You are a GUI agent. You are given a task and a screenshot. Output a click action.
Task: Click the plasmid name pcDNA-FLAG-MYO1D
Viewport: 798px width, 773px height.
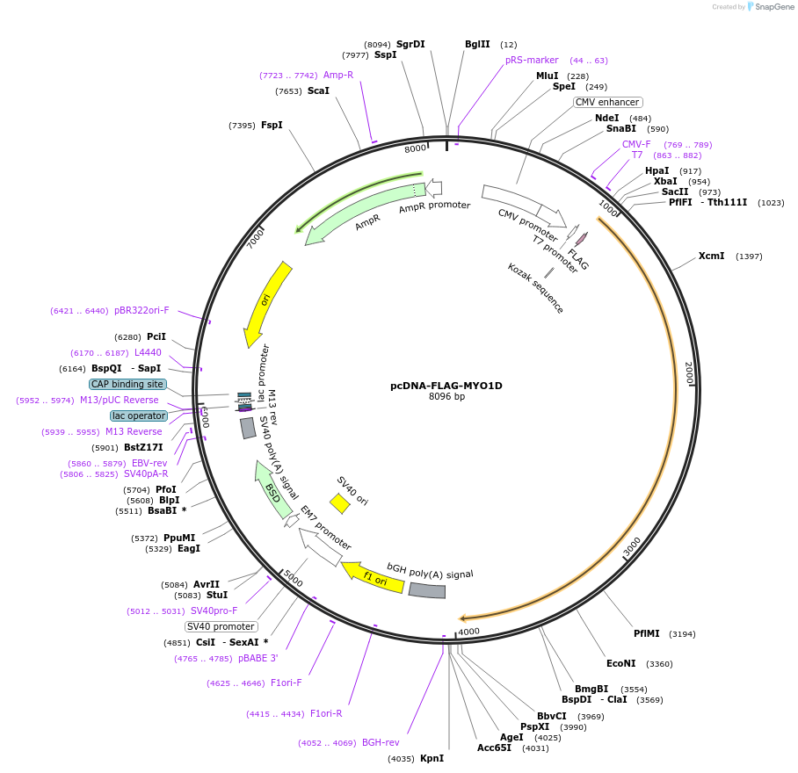446,386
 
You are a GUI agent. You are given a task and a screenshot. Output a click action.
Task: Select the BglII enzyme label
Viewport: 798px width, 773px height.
477,44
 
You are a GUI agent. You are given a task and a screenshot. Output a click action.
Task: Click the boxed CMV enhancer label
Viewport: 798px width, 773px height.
607,102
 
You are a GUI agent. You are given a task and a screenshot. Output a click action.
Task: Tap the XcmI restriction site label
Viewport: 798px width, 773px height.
711,256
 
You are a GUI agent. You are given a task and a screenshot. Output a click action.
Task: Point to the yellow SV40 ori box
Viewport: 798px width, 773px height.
339,503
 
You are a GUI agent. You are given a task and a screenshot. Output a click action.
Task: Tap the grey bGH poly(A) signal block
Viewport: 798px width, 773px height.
427,590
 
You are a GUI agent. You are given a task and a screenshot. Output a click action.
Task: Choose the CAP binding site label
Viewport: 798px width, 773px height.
127,384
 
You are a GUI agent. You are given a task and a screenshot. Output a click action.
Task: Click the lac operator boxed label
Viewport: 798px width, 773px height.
138,415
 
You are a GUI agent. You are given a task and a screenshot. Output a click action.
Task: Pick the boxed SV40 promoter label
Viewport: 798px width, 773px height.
221,626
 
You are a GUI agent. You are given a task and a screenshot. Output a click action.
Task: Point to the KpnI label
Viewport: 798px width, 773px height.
432,758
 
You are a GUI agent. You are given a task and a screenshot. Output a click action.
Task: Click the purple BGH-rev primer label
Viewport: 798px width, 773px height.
381,742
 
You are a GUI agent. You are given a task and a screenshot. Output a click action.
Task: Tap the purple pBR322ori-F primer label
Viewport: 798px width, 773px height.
141,310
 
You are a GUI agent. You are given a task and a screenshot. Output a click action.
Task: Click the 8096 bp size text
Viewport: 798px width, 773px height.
446,397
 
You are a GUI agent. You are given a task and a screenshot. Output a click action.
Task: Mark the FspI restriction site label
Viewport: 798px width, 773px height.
272,125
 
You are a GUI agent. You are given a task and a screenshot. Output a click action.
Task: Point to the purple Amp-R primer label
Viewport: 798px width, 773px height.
338,75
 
